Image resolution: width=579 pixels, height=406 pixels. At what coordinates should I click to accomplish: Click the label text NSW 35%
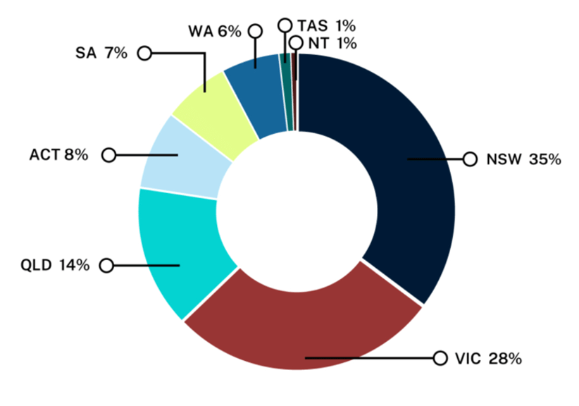pos(523,159)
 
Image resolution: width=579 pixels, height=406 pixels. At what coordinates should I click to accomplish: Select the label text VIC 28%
pos(487,359)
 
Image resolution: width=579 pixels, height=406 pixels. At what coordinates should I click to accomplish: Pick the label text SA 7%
pos(101,53)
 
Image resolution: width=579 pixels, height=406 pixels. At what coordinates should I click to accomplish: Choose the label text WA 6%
pos(214,31)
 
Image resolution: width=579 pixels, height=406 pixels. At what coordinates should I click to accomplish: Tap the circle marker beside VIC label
pos(440,358)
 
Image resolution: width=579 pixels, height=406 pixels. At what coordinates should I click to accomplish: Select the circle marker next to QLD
pos(106,266)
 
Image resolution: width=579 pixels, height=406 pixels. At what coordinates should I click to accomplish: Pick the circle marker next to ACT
pos(108,155)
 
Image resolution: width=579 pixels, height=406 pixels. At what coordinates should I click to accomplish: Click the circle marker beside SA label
pos(144,53)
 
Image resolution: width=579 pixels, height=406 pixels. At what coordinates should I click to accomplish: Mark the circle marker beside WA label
pos(255,31)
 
